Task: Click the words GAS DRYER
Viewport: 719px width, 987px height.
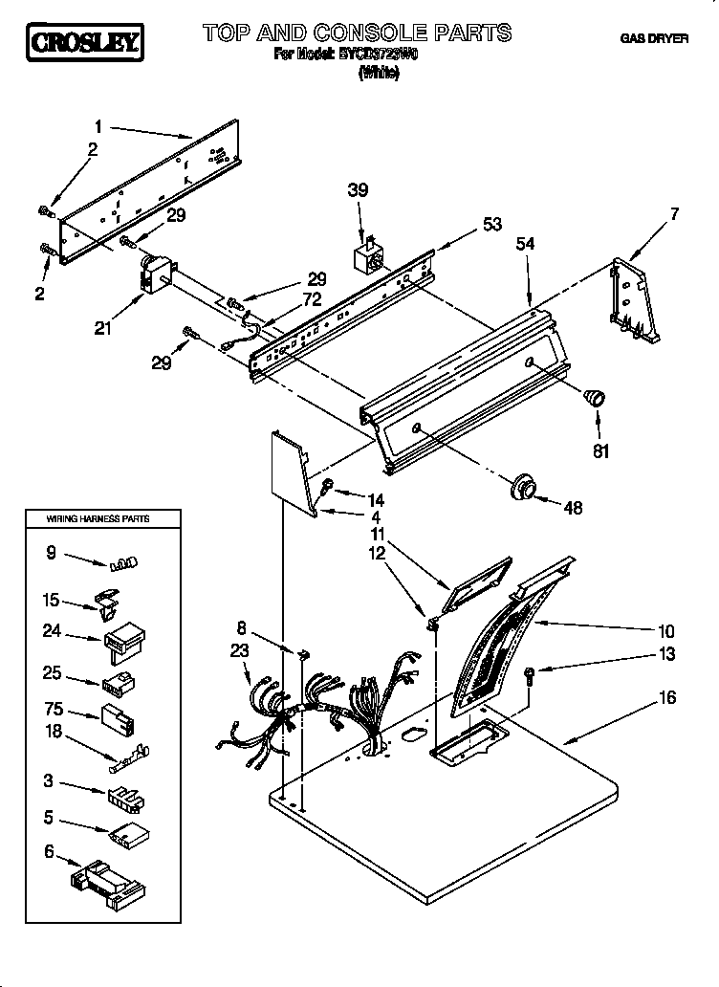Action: click(x=655, y=39)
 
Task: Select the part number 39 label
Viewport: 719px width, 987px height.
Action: click(x=357, y=190)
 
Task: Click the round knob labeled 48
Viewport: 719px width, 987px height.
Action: click(x=521, y=487)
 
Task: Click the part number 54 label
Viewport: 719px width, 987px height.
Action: click(x=525, y=244)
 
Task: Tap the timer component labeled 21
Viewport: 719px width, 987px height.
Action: click(x=153, y=274)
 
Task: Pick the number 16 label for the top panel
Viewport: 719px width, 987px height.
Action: click(x=667, y=698)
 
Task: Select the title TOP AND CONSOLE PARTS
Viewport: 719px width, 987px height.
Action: click(x=357, y=33)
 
